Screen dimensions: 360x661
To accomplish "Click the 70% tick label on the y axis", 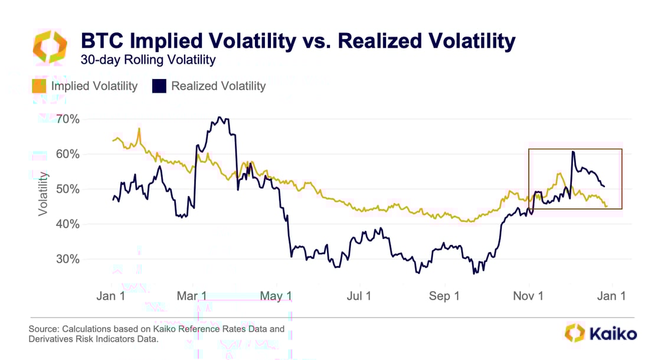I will (x=68, y=119).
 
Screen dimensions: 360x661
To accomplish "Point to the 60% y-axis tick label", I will (x=68, y=154).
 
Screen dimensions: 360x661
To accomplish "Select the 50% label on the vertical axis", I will (x=68, y=189).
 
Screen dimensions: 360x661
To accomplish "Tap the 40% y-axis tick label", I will (x=68, y=224).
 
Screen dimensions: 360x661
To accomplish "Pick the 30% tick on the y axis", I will (x=68, y=259).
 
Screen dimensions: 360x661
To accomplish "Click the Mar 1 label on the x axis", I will (x=192, y=296).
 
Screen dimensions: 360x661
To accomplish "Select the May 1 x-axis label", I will (x=277, y=296).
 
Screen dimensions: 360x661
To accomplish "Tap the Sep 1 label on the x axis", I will (x=444, y=296).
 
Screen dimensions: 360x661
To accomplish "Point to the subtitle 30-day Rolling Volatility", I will (x=148, y=60).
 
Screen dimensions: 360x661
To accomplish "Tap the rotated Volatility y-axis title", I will (x=43, y=194).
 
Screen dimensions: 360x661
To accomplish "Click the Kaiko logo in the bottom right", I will (x=601, y=333).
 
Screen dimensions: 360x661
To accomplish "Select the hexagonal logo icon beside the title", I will (x=50, y=47).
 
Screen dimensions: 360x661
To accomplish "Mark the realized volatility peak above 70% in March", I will (x=220, y=117).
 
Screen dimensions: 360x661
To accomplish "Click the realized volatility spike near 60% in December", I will (x=572, y=152).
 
